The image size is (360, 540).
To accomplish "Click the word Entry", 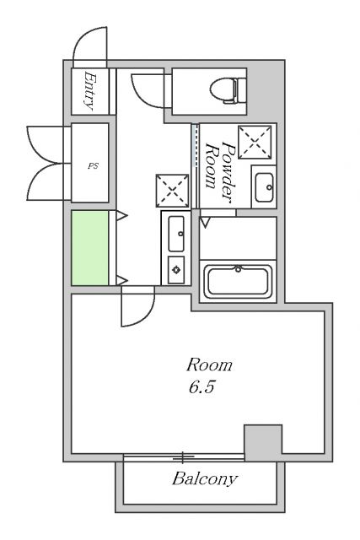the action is [89, 91].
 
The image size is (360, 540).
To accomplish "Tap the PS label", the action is [93, 166].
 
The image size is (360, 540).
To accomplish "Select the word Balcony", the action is [205, 479].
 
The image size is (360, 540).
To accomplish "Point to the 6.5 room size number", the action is [201, 387].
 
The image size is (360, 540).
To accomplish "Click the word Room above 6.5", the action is [209, 365].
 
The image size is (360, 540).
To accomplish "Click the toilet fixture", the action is [228, 91].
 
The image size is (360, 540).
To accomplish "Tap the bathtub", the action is [238, 282].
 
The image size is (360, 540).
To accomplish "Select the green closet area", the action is [90, 248].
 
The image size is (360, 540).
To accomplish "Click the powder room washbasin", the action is [264, 187].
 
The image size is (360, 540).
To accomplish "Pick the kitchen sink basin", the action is [176, 234].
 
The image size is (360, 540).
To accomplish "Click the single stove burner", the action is [176, 270].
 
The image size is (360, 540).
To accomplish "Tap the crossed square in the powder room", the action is [255, 143].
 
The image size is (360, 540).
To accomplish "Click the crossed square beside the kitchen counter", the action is [173, 191].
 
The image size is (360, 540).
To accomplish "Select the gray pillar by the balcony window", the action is [263, 442].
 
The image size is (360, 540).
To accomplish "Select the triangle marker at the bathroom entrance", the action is [205, 222].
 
